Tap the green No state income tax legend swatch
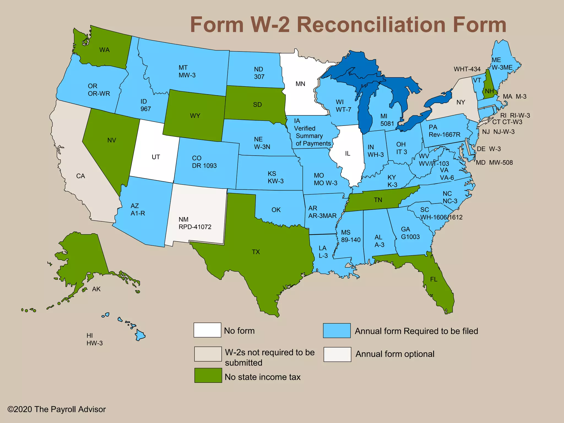(208, 375)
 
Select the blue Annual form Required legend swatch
(337, 330)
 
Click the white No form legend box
(207, 330)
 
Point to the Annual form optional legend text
(395, 354)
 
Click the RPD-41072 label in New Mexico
(195, 227)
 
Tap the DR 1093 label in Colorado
(204, 166)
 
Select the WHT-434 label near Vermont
(467, 69)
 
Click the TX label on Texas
(256, 252)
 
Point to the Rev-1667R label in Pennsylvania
(444, 135)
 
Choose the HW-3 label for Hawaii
(94, 343)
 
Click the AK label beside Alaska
(96, 289)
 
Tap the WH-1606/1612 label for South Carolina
(441, 217)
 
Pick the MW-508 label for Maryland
(501, 163)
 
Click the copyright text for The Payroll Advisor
(56, 409)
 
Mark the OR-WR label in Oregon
(99, 94)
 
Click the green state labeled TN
(378, 200)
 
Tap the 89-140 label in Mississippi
(351, 240)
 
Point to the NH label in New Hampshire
(489, 91)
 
